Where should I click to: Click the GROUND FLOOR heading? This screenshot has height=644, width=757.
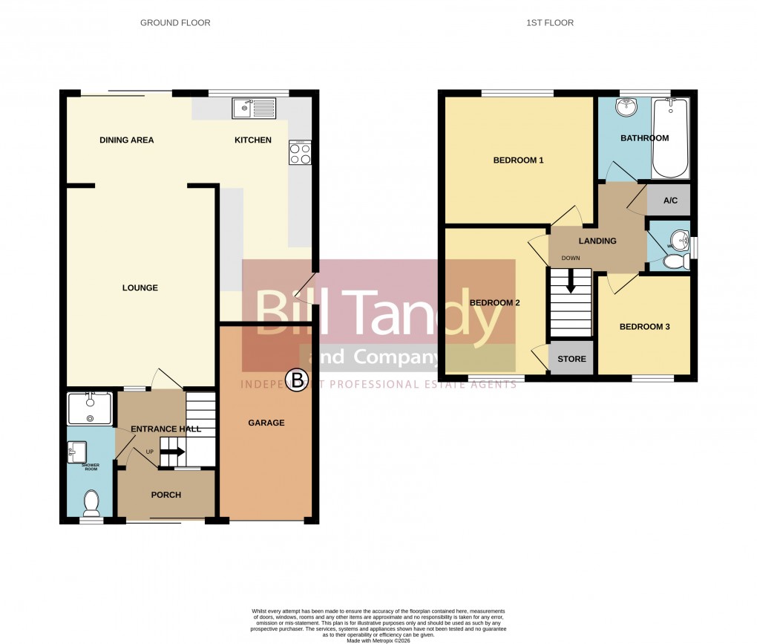click(175, 23)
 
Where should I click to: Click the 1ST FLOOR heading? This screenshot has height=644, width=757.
click(550, 23)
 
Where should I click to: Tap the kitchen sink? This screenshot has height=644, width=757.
click(253, 109)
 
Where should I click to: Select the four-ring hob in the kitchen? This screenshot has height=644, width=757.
click(301, 153)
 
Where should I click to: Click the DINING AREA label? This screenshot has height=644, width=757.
click(127, 140)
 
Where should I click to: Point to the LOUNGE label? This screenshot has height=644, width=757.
click(140, 288)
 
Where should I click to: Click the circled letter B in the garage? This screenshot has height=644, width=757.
click(298, 382)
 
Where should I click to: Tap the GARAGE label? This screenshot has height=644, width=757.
click(266, 423)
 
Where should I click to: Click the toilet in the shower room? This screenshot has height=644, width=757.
click(91, 503)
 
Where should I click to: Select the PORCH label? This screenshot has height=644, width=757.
click(166, 495)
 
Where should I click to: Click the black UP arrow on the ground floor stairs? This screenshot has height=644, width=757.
click(173, 451)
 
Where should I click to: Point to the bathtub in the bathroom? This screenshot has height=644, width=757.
click(670, 138)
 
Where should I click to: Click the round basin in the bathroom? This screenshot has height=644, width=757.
click(625, 108)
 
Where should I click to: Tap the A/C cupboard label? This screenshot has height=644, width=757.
click(670, 201)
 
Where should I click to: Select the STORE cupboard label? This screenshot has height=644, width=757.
click(571, 360)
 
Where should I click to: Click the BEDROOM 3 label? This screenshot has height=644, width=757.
click(645, 327)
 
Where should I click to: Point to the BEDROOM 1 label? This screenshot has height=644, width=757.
click(519, 160)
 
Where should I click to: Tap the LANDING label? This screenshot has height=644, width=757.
click(597, 241)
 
